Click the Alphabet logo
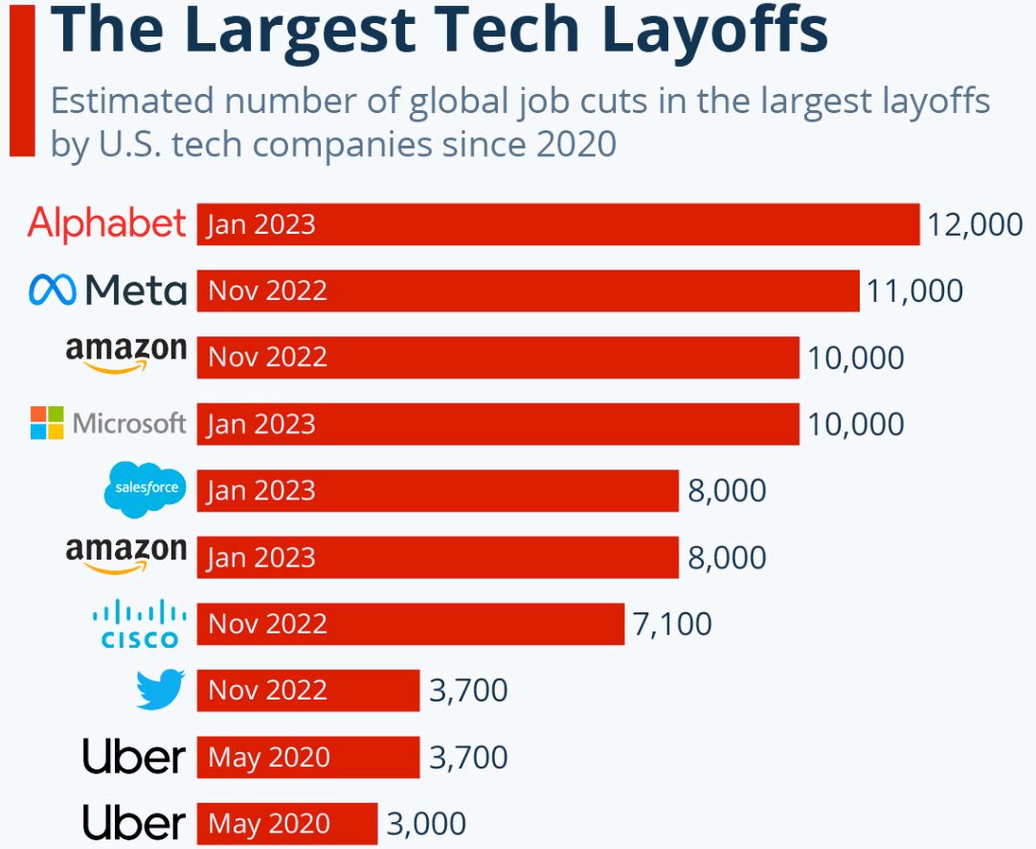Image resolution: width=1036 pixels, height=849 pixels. (106, 224)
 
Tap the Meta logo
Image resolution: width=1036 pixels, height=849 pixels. (107, 289)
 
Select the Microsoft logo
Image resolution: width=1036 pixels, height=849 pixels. (107, 424)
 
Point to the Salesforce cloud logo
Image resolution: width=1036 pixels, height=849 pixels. (146, 489)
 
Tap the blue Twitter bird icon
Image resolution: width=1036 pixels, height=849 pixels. (159, 690)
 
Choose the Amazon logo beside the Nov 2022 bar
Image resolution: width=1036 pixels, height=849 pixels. (126, 355)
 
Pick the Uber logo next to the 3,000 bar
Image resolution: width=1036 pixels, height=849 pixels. (133, 823)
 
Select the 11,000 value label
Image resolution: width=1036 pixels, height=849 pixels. (914, 290)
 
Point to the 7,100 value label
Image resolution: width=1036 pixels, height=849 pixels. (672, 625)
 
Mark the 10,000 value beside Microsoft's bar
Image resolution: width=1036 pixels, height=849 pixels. (855, 424)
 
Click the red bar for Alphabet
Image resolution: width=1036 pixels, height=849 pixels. (613, 224)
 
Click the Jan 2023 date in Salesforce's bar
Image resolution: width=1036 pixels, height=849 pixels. (261, 491)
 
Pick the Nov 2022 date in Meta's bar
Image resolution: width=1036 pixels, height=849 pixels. (267, 290)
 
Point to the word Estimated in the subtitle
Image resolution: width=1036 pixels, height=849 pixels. (129, 102)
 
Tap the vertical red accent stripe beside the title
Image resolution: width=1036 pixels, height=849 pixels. (22, 81)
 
